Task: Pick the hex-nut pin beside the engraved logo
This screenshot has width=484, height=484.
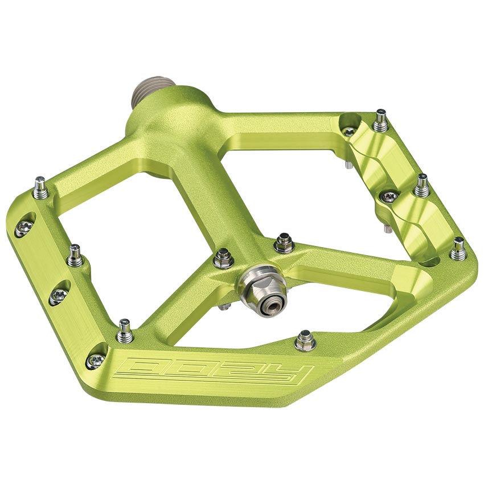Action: [x=305, y=341]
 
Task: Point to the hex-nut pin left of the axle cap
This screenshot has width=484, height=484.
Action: [x=223, y=260]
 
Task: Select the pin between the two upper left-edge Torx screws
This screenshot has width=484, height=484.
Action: [x=75, y=256]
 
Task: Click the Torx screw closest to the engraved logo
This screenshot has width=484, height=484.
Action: [x=96, y=359]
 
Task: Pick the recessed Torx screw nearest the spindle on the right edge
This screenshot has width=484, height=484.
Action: [x=348, y=131]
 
